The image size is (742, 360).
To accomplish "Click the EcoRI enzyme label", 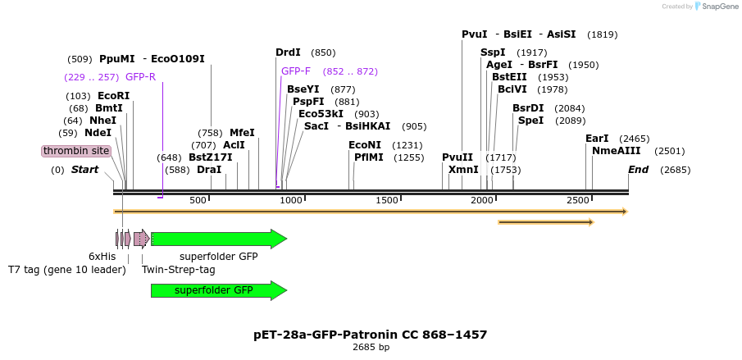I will click(x=113, y=96).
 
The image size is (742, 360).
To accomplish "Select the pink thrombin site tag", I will click(x=76, y=151).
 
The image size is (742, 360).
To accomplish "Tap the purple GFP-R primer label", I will click(x=140, y=77).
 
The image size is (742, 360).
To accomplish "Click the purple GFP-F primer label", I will click(x=296, y=71).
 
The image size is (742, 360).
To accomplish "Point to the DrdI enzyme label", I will click(x=288, y=52).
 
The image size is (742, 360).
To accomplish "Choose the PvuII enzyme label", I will click(x=457, y=157).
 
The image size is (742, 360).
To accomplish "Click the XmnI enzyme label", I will click(x=463, y=170).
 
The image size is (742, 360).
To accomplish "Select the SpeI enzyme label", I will click(x=530, y=121).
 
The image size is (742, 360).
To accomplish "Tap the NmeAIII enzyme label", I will click(x=615, y=151).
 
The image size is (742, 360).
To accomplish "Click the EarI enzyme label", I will click(x=597, y=139).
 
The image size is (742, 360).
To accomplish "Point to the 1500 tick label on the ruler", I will click(x=387, y=201).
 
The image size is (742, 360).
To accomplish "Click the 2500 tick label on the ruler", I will click(x=578, y=201).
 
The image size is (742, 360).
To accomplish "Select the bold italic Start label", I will click(x=84, y=170).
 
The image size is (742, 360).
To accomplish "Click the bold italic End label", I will click(x=638, y=170).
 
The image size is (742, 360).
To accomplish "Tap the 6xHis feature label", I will click(x=102, y=257).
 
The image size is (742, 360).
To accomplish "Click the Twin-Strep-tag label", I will click(x=179, y=269).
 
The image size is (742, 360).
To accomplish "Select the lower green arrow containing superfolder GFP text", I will click(x=218, y=290).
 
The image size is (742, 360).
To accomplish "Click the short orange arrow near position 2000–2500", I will click(x=545, y=221).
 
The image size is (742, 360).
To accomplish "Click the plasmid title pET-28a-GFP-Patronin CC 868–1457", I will click(x=371, y=335).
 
